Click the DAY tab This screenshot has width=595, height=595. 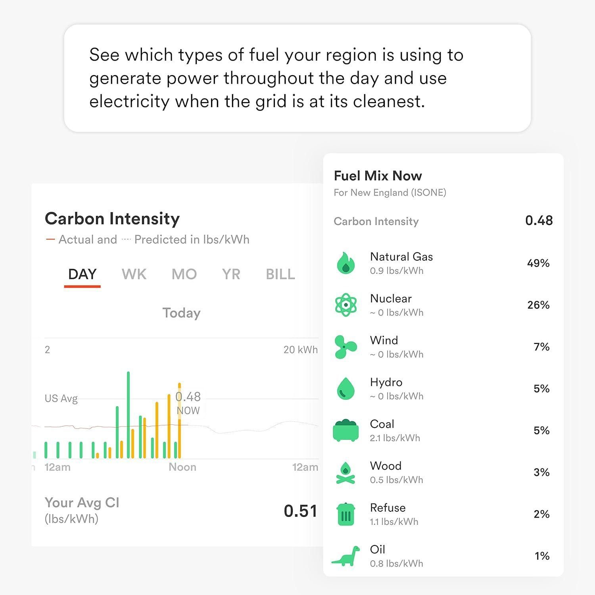pyautogui.click(x=82, y=274)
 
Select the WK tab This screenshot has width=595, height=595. pyautogui.click(x=134, y=274)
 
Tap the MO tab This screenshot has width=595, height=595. pyautogui.click(x=184, y=274)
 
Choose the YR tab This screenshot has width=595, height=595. pyautogui.click(x=231, y=274)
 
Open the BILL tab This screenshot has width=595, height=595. pyautogui.click(x=280, y=274)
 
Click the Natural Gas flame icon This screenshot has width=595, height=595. pyautogui.click(x=345, y=263)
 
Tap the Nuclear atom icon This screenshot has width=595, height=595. pyautogui.click(x=345, y=305)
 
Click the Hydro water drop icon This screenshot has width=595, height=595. pyautogui.click(x=345, y=388)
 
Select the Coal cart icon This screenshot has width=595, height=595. pyautogui.click(x=345, y=430)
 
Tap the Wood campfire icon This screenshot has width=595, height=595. pyautogui.click(x=345, y=472)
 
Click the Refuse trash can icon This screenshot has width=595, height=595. pyautogui.click(x=345, y=514)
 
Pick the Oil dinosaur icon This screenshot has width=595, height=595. pyautogui.click(x=345, y=556)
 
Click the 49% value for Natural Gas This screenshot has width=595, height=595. pyautogui.click(x=538, y=263)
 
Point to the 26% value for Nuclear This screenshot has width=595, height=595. pyautogui.click(x=538, y=305)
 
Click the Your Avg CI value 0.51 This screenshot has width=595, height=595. pyautogui.click(x=300, y=511)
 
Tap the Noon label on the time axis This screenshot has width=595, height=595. pyautogui.click(x=182, y=467)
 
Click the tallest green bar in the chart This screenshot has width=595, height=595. pyautogui.click(x=128, y=415)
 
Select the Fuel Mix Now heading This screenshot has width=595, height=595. pyautogui.click(x=378, y=176)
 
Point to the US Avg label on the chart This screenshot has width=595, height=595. pyautogui.click(x=61, y=398)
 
